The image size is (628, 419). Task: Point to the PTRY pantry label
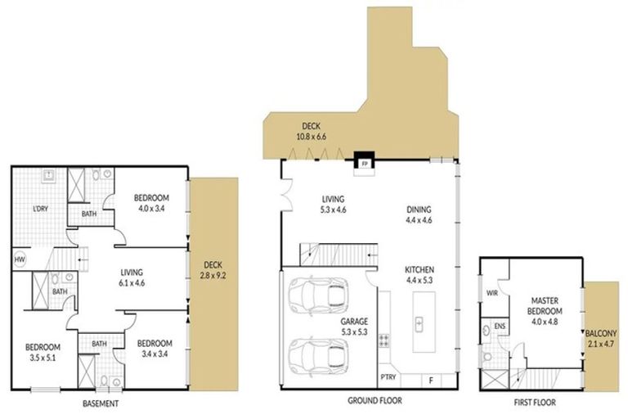[x=388, y=378]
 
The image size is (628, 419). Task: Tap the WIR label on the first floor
[x=492, y=291]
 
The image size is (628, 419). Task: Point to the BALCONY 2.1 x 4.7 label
[x=601, y=340]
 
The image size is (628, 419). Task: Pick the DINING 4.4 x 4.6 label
[x=419, y=214]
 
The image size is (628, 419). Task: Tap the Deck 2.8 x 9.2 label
[x=213, y=269]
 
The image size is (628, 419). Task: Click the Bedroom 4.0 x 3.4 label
[x=151, y=203]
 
